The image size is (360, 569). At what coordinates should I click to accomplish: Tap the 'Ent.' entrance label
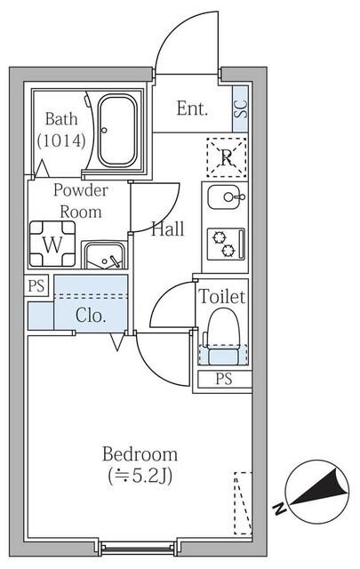point(192,109)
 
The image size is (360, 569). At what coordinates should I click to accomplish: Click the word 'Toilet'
point(222,296)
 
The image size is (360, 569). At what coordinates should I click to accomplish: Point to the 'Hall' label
point(167,228)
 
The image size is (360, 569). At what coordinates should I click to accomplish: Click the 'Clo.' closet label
point(91,315)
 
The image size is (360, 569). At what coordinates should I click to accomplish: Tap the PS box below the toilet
point(222,380)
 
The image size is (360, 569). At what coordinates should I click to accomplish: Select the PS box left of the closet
point(36,285)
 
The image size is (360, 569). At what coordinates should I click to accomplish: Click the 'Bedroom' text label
point(139,453)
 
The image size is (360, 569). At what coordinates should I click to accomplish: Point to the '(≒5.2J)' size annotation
point(139,476)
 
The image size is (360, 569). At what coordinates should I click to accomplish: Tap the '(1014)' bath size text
point(62,140)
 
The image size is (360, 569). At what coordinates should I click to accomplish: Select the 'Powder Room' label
point(80,201)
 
